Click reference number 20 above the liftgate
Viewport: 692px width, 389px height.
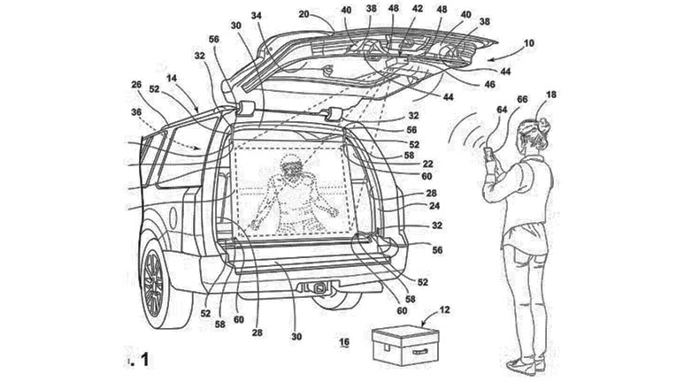[x=304, y=15]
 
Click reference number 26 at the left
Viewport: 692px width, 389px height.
[x=137, y=86]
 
